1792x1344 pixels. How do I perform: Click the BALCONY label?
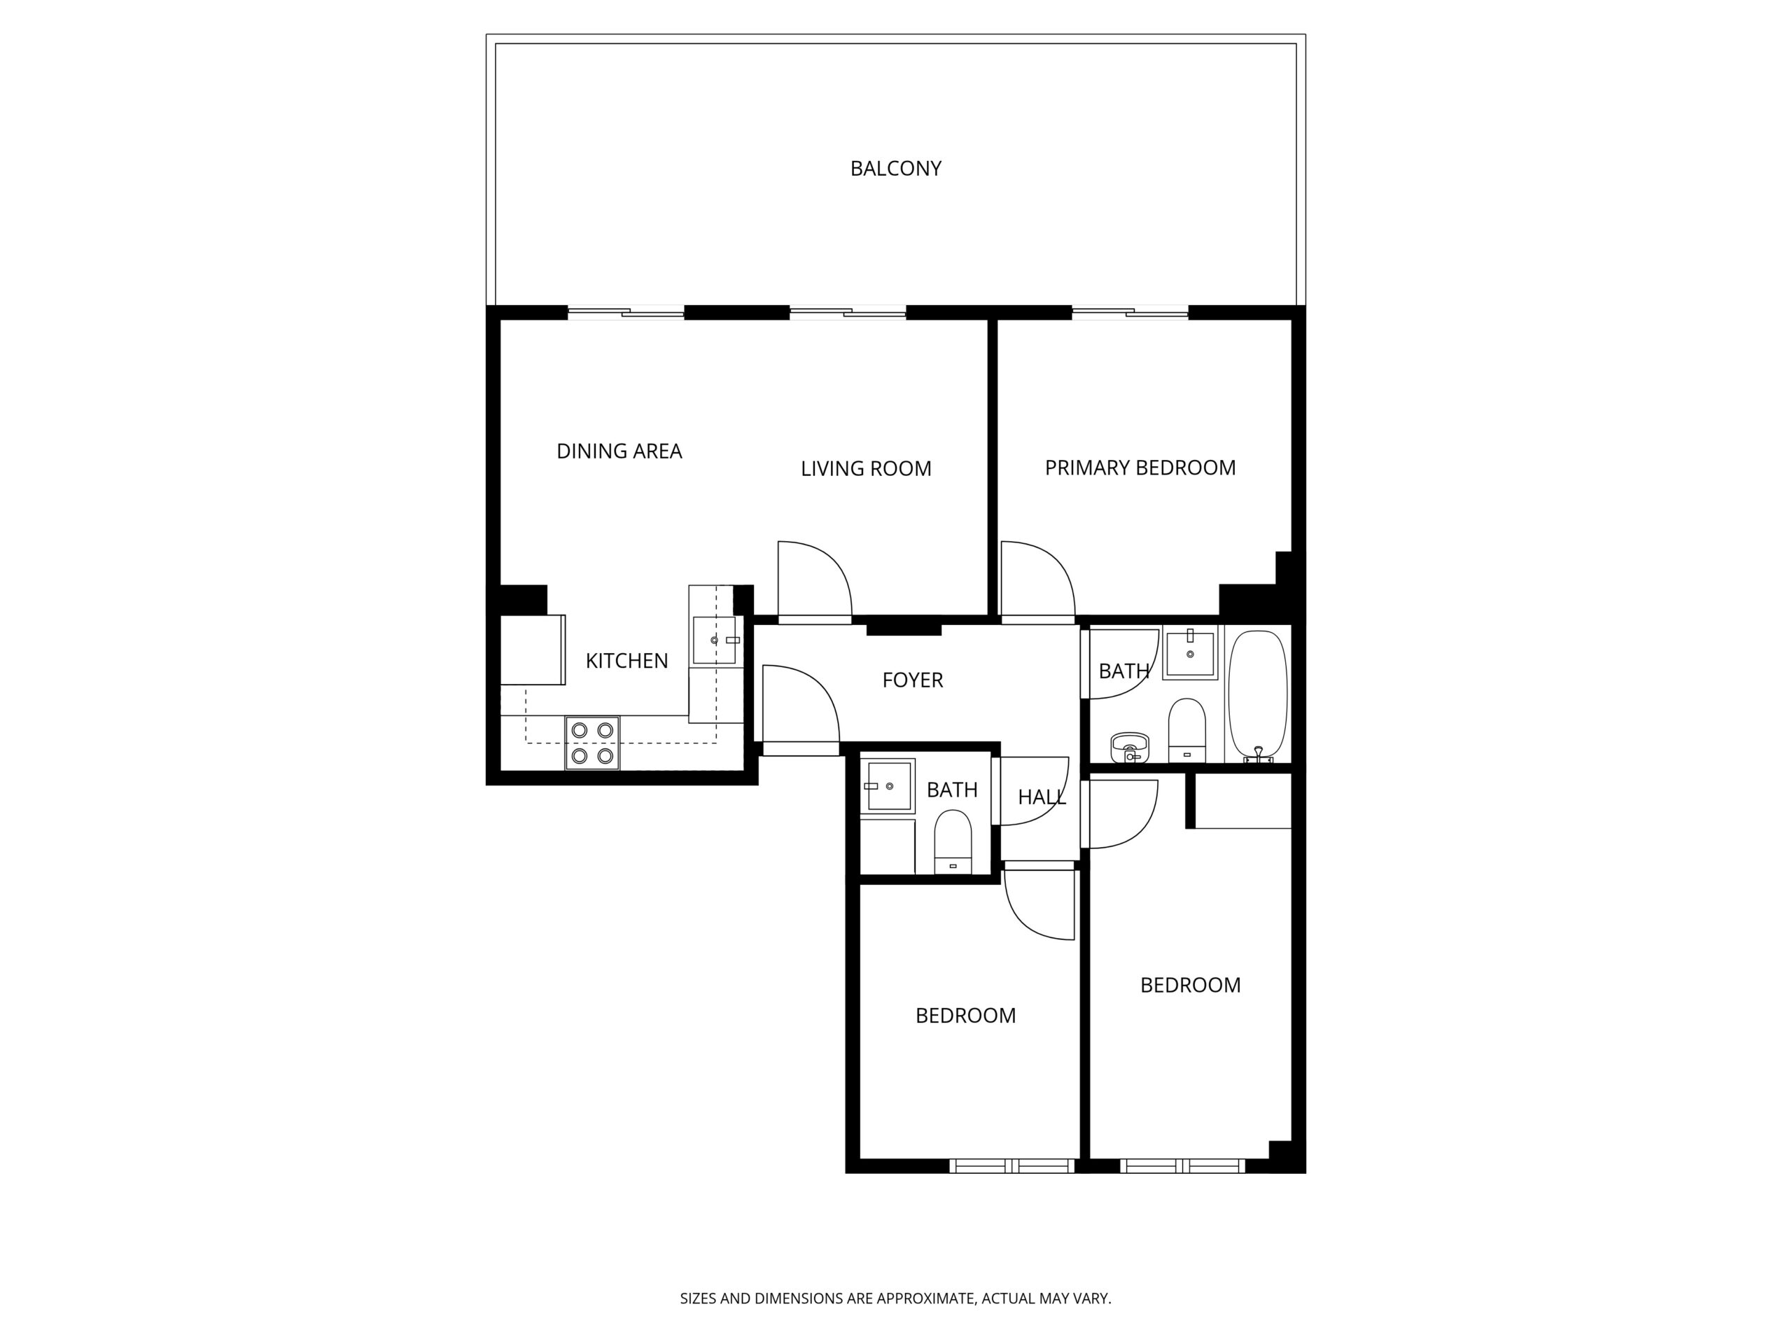[895, 169]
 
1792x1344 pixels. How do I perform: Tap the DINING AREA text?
[619, 451]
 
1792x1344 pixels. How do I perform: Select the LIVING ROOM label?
[866, 468]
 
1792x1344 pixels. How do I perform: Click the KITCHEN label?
[626, 661]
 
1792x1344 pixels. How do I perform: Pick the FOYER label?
[912, 680]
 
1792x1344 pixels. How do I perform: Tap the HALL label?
[1042, 797]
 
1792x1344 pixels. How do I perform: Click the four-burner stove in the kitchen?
[592, 743]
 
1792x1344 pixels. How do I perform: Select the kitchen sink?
[715, 640]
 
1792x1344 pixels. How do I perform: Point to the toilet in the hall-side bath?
[953, 841]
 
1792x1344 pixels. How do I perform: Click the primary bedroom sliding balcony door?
[1130, 312]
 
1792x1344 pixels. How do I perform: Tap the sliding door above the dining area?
[626, 312]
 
